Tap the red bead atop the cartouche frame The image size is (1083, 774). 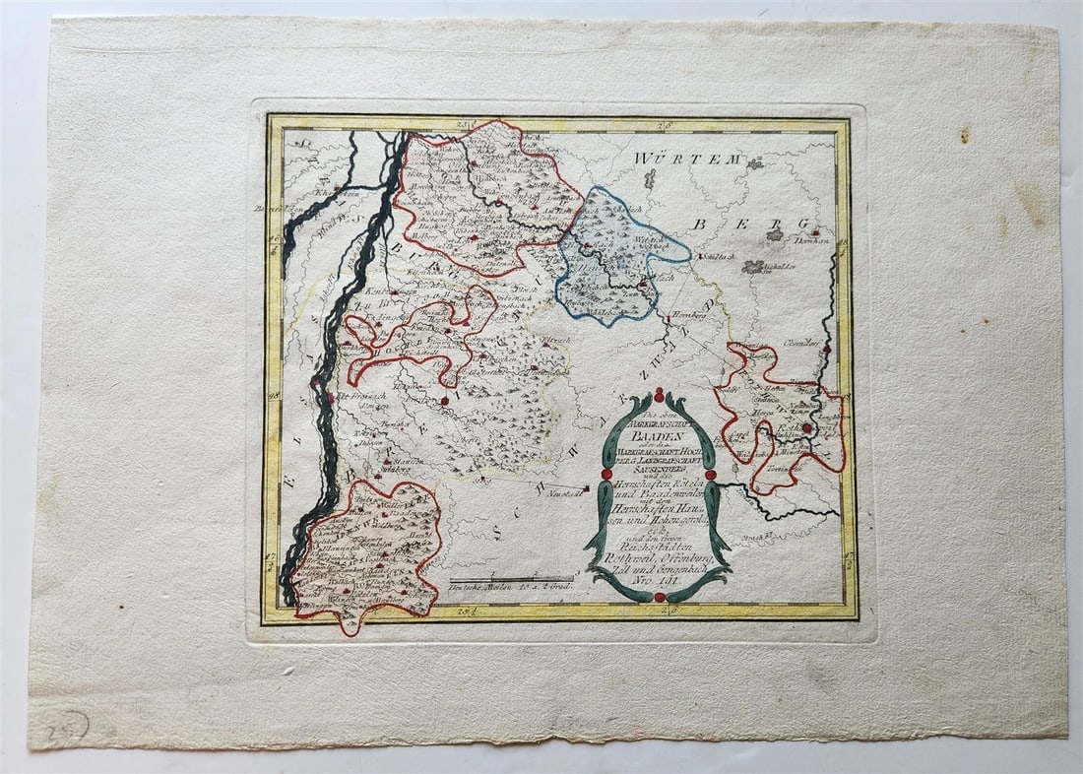(x=659, y=394)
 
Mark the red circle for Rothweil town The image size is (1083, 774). (x=806, y=428)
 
